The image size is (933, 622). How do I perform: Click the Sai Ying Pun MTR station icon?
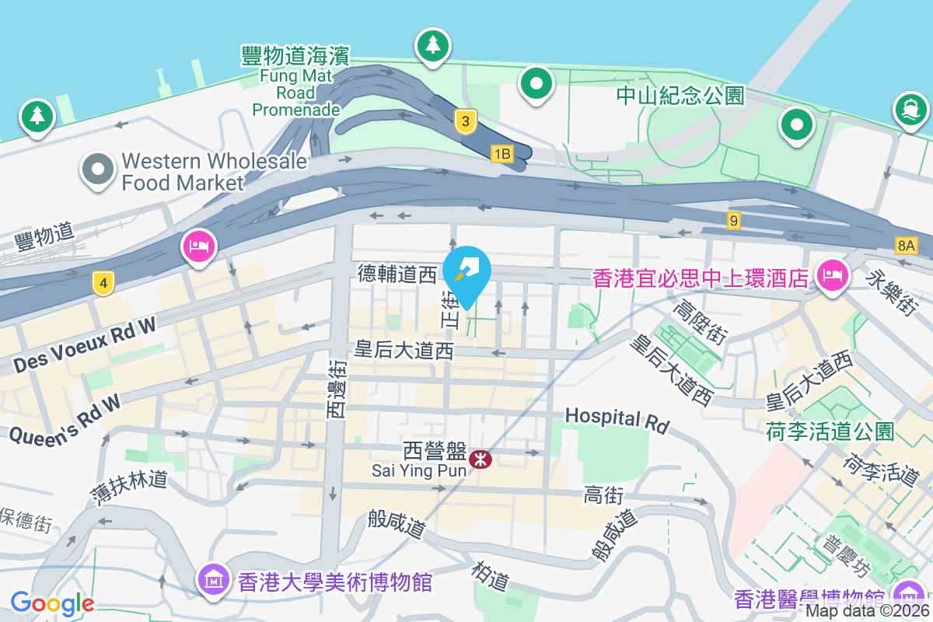[480, 460]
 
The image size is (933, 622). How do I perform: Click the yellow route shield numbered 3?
[465, 121]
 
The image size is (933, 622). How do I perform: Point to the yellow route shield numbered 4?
[103, 283]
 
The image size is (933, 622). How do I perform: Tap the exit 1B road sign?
[501, 154]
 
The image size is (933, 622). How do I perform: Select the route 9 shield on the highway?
[733, 221]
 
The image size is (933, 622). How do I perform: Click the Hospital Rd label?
[617, 421]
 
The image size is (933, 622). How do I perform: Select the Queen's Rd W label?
[65, 420]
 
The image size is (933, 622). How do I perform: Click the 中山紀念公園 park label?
[680, 96]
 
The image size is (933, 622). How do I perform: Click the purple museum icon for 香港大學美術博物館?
[212, 579]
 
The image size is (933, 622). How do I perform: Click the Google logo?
[52, 603]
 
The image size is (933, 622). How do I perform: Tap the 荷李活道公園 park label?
[830, 432]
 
